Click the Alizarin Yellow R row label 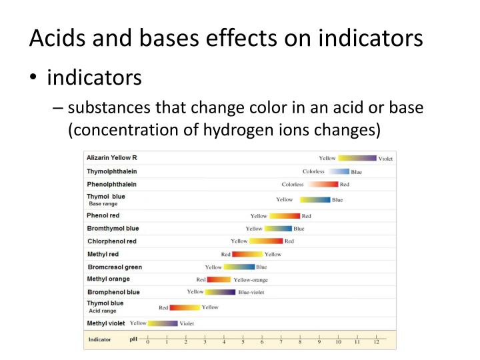click(112, 158)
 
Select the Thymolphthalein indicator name click(112, 171)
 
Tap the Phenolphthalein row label click(112, 184)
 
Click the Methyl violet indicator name click(106, 323)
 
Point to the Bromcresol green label click(115, 267)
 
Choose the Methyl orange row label click(109, 279)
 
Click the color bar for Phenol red click(285, 216)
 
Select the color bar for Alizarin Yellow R click(357, 159)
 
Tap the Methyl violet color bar click(163, 323)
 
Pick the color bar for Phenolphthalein click(323, 185)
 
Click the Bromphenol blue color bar click(220, 292)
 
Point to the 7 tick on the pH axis click(281, 338)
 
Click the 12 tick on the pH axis click(376, 338)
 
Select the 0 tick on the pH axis click(148, 338)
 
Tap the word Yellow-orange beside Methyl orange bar click(251, 280)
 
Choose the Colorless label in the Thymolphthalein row click(313, 172)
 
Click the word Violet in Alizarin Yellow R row click(386, 159)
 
